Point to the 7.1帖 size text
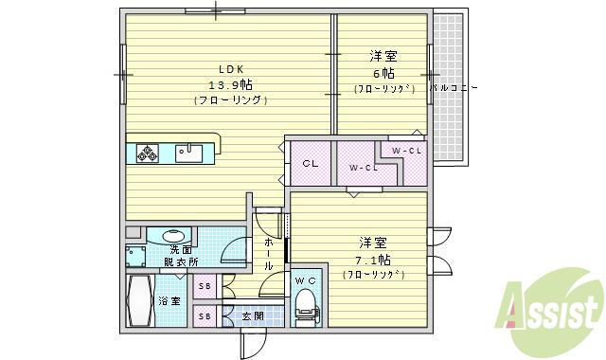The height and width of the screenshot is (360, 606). pos(373,259)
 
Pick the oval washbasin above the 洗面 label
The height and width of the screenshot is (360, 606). pos(173,236)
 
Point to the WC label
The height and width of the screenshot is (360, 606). pos(305,281)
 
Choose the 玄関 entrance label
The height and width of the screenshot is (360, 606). pos(251,315)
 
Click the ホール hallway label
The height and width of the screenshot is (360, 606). pos(268,255)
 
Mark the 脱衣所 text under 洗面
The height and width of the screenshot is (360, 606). pos(180,261)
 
